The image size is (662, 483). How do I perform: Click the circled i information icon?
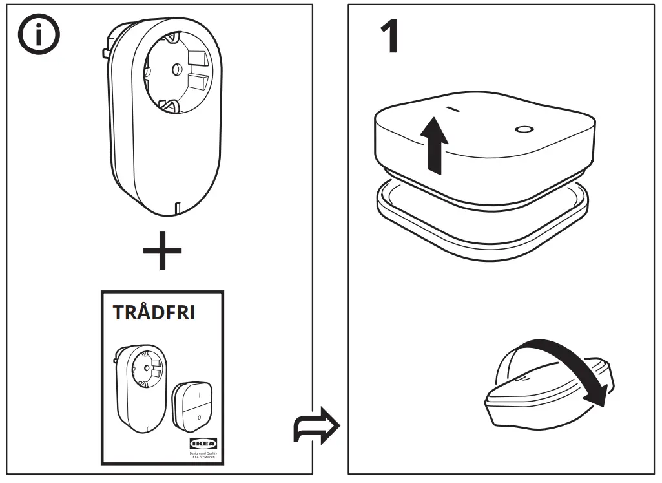(x=37, y=36)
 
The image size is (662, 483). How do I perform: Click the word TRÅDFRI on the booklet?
(x=154, y=312)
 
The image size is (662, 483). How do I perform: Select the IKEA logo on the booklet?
(x=202, y=444)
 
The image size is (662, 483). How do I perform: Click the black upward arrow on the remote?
(x=435, y=146)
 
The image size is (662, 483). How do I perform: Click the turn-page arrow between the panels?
(x=316, y=427)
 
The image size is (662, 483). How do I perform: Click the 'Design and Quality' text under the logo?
(x=202, y=455)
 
